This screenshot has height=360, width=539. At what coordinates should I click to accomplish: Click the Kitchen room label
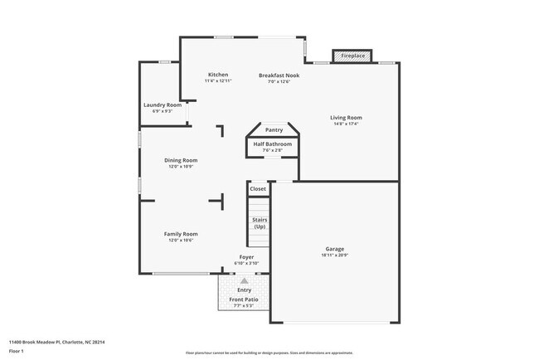click(x=218, y=75)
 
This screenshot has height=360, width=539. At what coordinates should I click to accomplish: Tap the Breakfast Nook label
click(x=279, y=75)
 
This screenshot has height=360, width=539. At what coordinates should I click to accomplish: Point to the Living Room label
click(x=347, y=118)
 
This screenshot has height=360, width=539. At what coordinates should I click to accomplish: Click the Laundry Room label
click(x=163, y=105)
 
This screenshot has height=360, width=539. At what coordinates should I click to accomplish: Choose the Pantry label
click(x=274, y=130)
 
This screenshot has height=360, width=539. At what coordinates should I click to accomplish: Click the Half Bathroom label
click(x=273, y=144)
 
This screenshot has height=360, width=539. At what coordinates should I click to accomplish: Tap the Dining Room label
click(x=180, y=160)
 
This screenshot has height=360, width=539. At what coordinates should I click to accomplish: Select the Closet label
click(x=258, y=189)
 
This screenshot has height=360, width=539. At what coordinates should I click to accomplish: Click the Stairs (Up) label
click(x=260, y=223)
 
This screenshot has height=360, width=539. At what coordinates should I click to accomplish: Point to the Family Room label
click(x=181, y=234)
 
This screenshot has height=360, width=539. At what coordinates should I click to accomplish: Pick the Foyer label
click(x=247, y=257)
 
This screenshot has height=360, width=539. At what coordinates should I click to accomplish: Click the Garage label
click(x=334, y=249)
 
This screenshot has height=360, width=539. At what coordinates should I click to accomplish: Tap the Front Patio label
click(x=244, y=299)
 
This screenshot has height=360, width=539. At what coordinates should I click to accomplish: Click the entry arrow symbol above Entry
click(x=245, y=281)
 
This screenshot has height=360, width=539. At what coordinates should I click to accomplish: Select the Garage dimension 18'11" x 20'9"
click(x=334, y=255)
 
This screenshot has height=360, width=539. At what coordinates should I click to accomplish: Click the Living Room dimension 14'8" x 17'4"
click(x=347, y=124)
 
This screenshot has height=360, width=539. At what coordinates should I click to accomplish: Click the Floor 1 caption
click(x=17, y=351)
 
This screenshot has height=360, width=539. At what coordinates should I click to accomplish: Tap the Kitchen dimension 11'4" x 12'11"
click(x=218, y=81)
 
